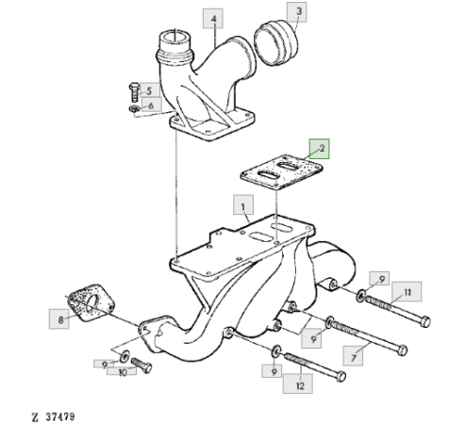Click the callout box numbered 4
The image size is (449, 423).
pos(213,19)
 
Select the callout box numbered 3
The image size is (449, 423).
pos(297,12)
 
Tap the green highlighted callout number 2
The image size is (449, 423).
pos(320,149)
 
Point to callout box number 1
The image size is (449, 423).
pos(243,204)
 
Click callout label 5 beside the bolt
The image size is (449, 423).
pos(149,91)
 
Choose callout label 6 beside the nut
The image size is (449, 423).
pos(152,105)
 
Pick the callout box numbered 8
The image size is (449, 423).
pos(58,319)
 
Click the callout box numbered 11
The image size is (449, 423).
pos(407,292)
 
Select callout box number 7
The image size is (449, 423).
pos(353,356)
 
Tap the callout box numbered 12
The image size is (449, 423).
pos(298,383)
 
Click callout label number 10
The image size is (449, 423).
pos(122,372)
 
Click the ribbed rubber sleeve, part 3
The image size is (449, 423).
pos(276,42)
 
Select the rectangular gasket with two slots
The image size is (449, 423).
pos(281,172)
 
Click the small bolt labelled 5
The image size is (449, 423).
pos(134,92)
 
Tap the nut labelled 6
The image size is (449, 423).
pos(135,109)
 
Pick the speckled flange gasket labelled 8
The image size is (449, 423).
pos(91,302)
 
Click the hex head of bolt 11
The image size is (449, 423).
pos(425,321)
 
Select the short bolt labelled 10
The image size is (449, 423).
pos(141,366)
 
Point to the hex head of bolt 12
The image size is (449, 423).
pos(341,376)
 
